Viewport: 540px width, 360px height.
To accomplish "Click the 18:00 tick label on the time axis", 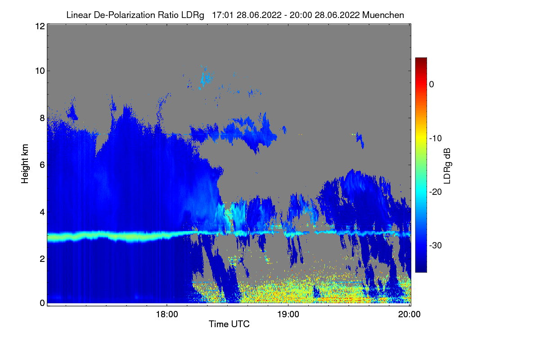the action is (x=167, y=314).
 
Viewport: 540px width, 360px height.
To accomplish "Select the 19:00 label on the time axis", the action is (x=288, y=314).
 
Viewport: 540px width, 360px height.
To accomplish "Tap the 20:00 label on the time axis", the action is (x=409, y=314).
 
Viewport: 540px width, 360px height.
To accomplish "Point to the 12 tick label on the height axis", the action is (x=40, y=26).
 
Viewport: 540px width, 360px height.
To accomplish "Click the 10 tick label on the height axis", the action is (x=40, y=71).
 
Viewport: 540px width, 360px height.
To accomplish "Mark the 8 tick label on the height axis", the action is (x=42, y=118).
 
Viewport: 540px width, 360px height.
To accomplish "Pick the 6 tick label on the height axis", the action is (x=42, y=165).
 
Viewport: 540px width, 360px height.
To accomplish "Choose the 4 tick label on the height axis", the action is (x=42, y=212).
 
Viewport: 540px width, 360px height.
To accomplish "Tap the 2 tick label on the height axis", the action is (x=42, y=259).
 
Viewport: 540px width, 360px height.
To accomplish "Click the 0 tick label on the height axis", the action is (x=42, y=303).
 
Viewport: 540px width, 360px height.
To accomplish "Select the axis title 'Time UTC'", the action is (x=229, y=324).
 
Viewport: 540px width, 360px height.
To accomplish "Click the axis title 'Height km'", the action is (x=25, y=164).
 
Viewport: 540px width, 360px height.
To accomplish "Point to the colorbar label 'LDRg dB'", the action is (x=447, y=166).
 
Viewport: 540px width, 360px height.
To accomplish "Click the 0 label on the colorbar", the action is (x=432, y=85).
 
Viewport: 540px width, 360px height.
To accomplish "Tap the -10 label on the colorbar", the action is (x=436, y=139).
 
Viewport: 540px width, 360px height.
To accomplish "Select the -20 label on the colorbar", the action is (x=436, y=192).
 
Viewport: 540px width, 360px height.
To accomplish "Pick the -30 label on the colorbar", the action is (x=436, y=245).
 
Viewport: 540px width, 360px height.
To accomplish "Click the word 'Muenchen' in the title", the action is (x=383, y=15).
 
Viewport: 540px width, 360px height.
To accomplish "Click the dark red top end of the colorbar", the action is (x=421, y=58).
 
